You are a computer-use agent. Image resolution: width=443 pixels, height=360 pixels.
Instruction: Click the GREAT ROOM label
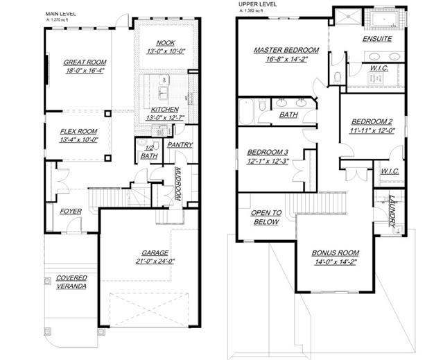(x=85, y=62)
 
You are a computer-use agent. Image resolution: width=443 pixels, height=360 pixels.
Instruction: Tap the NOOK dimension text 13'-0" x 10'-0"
(x=166, y=51)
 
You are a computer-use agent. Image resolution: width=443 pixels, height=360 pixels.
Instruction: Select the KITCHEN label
(x=165, y=110)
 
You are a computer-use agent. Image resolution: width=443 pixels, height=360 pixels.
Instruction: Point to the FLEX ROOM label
(x=78, y=131)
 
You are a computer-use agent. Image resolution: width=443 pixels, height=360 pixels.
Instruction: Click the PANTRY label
(x=180, y=145)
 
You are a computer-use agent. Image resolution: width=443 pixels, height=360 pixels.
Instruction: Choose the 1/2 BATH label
(x=149, y=152)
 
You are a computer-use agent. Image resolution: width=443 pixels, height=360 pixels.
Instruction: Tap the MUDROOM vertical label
(x=178, y=184)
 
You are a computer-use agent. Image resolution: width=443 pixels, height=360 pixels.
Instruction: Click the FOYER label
(x=71, y=212)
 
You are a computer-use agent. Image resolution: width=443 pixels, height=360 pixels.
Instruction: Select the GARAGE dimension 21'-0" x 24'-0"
(x=155, y=262)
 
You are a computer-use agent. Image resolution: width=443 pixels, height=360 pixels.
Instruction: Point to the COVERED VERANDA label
(x=71, y=282)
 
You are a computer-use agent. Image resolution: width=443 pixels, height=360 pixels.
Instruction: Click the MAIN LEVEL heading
(x=61, y=14)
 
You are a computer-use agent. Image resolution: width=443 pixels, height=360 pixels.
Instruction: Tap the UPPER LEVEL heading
(x=258, y=4)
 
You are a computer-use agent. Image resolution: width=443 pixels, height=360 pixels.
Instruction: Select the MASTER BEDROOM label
(x=286, y=51)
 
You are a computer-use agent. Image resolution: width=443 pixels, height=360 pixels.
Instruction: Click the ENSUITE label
(x=377, y=39)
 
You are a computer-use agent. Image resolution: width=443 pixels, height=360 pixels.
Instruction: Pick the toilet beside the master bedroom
(x=338, y=78)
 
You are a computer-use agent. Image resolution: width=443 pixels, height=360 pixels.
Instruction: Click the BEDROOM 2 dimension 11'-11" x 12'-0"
(x=372, y=130)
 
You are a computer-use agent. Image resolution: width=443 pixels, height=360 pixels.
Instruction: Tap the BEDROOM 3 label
(x=268, y=153)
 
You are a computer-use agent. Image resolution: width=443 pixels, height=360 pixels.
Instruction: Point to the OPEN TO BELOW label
(x=266, y=217)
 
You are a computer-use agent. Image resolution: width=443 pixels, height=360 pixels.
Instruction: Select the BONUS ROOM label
(x=336, y=253)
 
